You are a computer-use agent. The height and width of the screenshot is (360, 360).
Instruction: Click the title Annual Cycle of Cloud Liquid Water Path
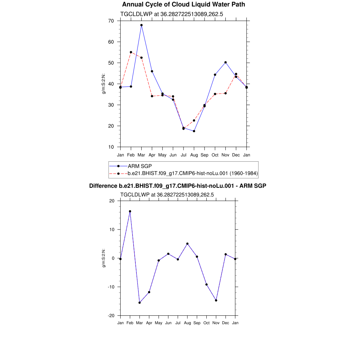click(184, 5)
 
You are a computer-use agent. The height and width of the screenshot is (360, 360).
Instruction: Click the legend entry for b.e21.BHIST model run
click(193, 173)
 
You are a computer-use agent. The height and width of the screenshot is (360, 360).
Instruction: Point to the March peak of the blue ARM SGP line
click(141, 25)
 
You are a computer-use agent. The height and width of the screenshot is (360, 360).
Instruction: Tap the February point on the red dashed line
click(131, 52)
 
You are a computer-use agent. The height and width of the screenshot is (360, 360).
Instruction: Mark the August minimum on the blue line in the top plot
click(194, 131)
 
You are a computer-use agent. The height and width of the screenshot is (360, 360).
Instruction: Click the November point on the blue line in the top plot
click(225, 62)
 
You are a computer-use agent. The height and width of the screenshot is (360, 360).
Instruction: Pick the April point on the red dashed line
click(152, 96)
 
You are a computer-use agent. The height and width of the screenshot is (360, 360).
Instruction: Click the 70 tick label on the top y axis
click(111, 21)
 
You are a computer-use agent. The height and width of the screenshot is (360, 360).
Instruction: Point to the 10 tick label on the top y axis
click(111, 147)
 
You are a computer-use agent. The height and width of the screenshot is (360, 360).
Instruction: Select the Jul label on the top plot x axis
click(184, 155)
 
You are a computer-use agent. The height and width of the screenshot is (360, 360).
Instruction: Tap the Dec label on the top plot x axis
click(236, 155)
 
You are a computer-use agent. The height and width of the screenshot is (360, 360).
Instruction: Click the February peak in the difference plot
click(130, 211)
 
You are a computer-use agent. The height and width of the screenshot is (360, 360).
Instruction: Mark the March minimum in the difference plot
click(140, 303)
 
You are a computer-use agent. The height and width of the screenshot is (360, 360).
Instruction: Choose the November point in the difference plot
click(216, 300)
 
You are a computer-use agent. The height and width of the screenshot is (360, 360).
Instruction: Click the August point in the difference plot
click(187, 244)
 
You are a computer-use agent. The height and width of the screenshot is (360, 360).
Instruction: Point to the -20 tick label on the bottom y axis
click(111, 316)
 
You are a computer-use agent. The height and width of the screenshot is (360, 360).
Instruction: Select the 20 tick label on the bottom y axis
click(112, 201)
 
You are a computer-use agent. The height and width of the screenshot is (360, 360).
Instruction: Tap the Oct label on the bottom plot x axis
click(206, 323)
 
